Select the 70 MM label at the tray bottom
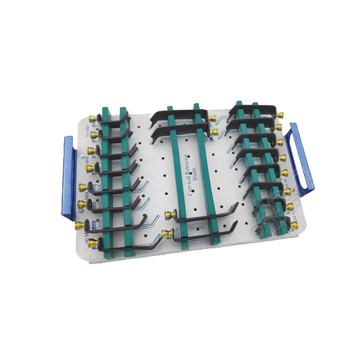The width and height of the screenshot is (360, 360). (197, 229)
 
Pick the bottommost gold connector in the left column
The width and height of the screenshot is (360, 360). (78, 226)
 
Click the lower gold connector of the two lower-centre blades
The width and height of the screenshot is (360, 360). (166, 233)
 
